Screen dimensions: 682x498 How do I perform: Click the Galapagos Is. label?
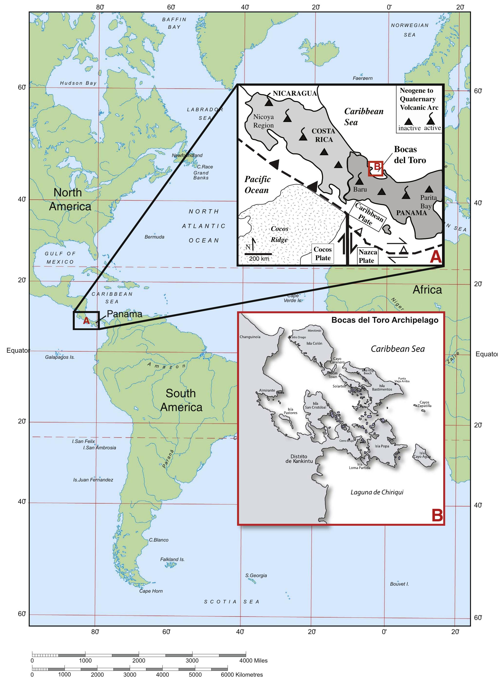click(x=60, y=357)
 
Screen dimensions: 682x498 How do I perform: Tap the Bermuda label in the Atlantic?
click(x=154, y=237)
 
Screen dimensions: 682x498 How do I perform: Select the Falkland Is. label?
click(x=172, y=559)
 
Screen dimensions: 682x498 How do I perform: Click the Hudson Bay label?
click(x=78, y=83)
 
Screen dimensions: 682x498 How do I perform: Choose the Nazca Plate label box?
click(x=368, y=256)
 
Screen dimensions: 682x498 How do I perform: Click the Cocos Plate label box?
click(x=323, y=253)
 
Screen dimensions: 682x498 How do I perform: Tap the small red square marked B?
click(x=375, y=168)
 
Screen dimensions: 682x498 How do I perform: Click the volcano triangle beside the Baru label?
click(x=359, y=181)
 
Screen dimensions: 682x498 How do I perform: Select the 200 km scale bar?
click(x=258, y=254)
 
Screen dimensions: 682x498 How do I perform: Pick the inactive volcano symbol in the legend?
click(x=408, y=121)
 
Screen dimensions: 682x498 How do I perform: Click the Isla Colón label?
click(x=314, y=343)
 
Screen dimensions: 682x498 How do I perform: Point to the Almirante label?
click(x=267, y=390)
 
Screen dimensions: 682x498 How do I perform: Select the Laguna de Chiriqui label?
click(x=377, y=492)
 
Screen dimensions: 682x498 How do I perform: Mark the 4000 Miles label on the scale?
click(x=253, y=661)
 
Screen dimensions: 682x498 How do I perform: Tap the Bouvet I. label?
click(x=399, y=584)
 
